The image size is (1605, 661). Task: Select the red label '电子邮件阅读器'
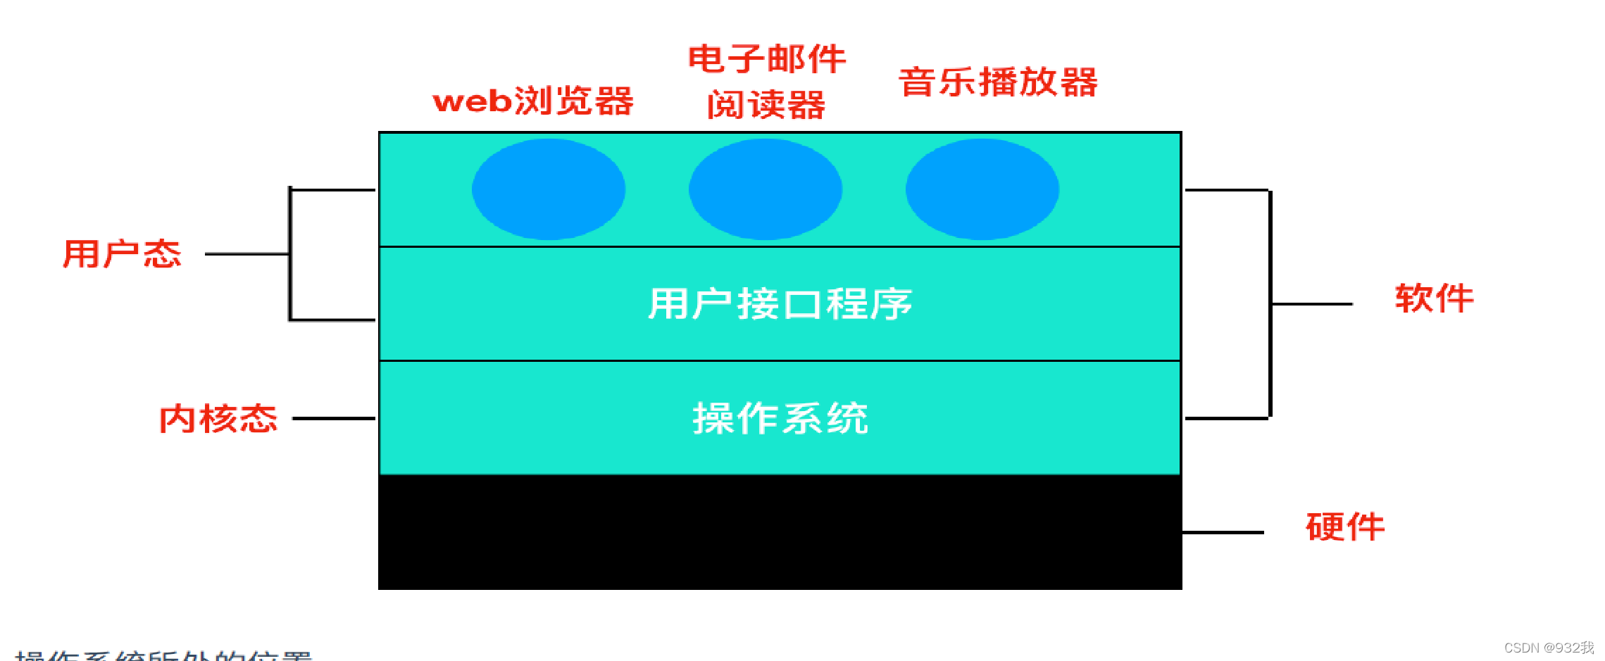tap(766, 82)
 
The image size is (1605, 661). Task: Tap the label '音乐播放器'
tap(998, 82)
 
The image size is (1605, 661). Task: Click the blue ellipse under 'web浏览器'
tap(549, 189)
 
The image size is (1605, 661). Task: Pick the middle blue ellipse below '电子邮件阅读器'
tap(766, 189)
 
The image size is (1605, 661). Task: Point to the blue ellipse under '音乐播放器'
tap(982, 189)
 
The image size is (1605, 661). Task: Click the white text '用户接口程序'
tap(780, 304)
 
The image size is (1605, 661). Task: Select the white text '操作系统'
tap(780, 418)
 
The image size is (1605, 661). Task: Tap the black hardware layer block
tap(780, 532)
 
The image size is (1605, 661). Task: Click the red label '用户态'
tap(122, 254)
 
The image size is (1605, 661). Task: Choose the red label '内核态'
tap(218, 419)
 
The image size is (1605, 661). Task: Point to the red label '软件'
tap(1434, 298)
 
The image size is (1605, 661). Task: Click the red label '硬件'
tap(1345, 527)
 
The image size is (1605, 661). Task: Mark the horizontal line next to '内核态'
tap(334, 418)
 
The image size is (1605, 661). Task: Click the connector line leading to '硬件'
tap(1223, 532)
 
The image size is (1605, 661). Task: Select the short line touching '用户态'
tap(246, 254)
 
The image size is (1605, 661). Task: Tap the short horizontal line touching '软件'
tap(1312, 304)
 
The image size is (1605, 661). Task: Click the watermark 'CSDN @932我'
tap(1549, 648)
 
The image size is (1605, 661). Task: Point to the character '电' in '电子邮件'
tap(706, 58)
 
